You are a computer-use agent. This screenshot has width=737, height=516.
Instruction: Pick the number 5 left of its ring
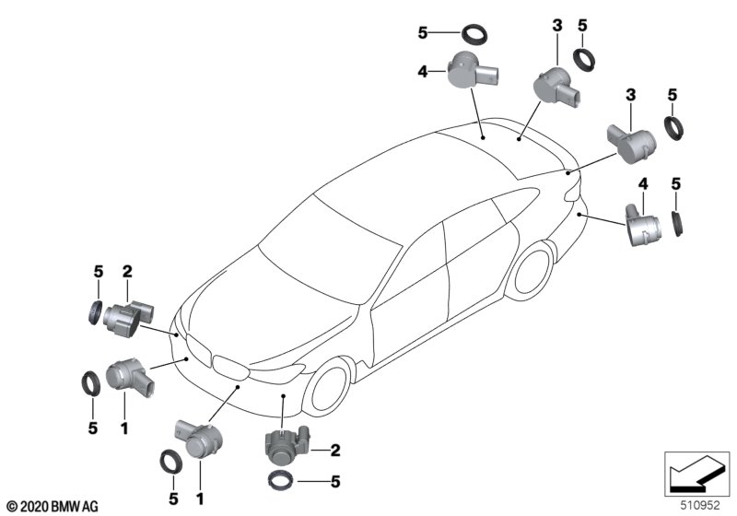[x=423, y=34]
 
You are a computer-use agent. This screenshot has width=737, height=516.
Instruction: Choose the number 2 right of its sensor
[x=335, y=450]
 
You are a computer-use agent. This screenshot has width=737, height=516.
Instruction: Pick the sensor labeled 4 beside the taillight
[x=641, y=223]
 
